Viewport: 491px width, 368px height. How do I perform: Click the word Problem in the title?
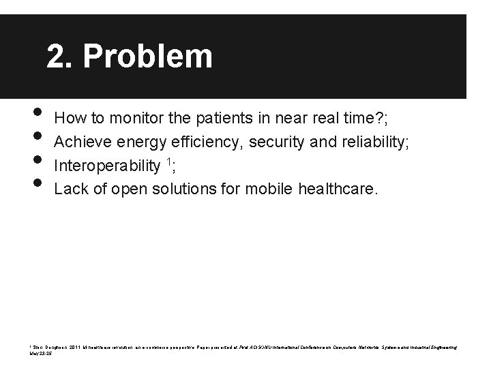148,57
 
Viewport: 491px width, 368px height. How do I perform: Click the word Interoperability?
107,166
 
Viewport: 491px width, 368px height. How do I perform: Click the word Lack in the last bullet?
70,189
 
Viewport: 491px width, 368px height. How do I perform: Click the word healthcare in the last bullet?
336,189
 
